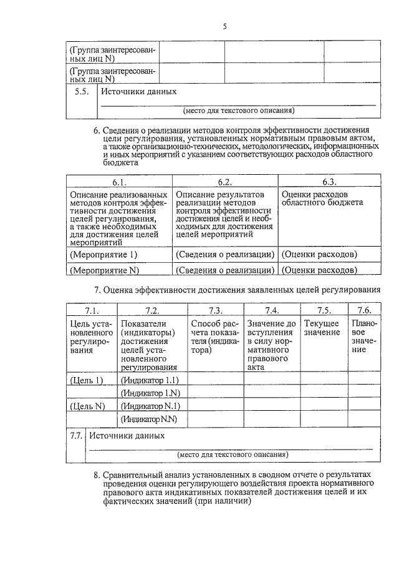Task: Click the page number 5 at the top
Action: pyautogui.click(x=224, y=26)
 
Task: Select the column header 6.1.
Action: pyautogui.click(x=119, y=182)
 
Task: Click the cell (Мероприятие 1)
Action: pyautogui.click(x=103, y=255)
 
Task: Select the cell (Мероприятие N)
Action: pyautogui.click(x=104, y=270)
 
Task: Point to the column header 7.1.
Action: pyautogui.click(x=92, y=310)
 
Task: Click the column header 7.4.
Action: pyautogui.click(x=272, y=310)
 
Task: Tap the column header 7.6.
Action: pyautogui.click(x=364, y=310)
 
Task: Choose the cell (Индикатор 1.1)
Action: pyautogui.click(x=150, y=380)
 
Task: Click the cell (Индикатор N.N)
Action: pyautogui.click(x=150, y=419)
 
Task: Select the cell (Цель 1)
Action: pyautogui.click(x=87, y=380)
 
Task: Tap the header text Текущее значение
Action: pyautogui.click(x=322, y=328)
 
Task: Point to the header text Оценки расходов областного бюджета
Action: pyautogui.click(x=322, y=199)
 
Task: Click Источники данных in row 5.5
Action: pyautogui.click(x=139, y=92)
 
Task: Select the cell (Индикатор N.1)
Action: pyautogui.click(x=150, y=406)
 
